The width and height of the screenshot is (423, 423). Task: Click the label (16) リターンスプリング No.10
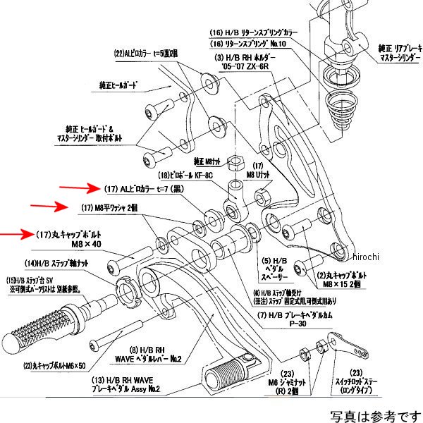click(250, 44)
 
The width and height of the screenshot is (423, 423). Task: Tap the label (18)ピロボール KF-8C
click(185, 173)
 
